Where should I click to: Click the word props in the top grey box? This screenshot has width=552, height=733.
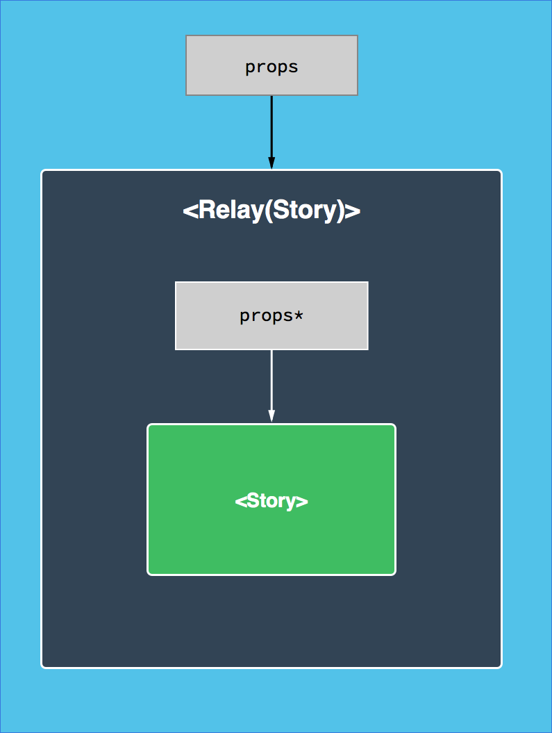coord(271,67)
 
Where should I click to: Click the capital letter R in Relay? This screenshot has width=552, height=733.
coord(205,210)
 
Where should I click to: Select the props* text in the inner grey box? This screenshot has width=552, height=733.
coord(271,315)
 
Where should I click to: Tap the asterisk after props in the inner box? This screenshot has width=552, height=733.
coord(299,315)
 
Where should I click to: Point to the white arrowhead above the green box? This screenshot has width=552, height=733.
coord(271,415)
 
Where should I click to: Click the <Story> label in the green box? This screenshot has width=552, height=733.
coord(271,501)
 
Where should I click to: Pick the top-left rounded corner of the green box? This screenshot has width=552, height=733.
coord(149,426)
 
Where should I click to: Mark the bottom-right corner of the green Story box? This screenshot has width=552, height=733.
coord(394,573)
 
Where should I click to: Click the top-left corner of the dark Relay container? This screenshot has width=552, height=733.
coord(43,172)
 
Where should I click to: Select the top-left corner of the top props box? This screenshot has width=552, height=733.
coord(187,36)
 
